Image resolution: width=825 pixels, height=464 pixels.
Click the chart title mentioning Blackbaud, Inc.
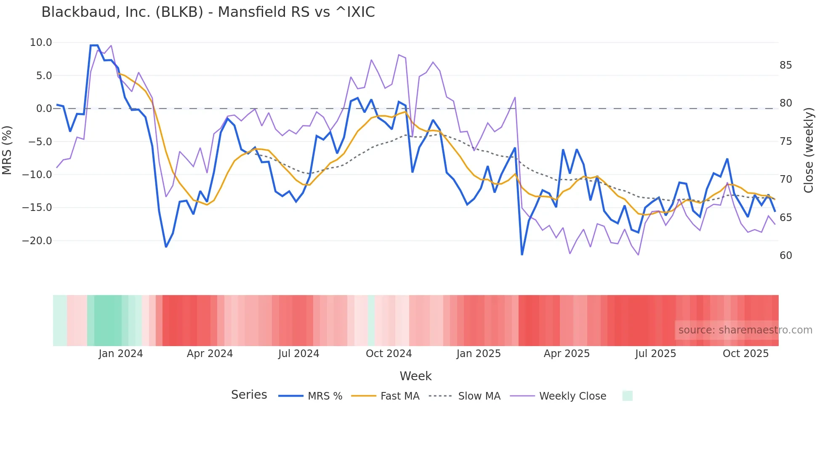pos(208,12)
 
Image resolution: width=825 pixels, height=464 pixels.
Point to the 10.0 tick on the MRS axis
pos(41,43)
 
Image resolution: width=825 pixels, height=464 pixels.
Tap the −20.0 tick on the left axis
pos(37,241)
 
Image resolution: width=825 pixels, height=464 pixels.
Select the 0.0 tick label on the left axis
pos(44,109)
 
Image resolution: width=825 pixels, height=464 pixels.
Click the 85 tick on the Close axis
pos(785,65)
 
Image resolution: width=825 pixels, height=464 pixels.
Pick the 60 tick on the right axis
pos(785,256)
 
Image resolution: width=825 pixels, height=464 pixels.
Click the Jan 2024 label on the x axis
pos(121,354)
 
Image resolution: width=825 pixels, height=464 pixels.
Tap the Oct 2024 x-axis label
pos(389,354)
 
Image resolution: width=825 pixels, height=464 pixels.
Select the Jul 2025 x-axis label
pos(655,354)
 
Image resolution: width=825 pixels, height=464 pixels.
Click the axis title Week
pos(415,376)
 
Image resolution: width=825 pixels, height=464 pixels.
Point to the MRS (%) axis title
pos(7,150)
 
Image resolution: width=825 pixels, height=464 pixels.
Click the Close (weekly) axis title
pos(809,150)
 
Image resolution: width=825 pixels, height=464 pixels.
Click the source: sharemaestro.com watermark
pos(745,330)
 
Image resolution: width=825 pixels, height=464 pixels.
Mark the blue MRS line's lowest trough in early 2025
pos(522,254)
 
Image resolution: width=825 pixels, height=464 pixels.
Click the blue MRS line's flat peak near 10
pos(94,45)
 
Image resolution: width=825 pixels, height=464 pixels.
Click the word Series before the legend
pos(249,395)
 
